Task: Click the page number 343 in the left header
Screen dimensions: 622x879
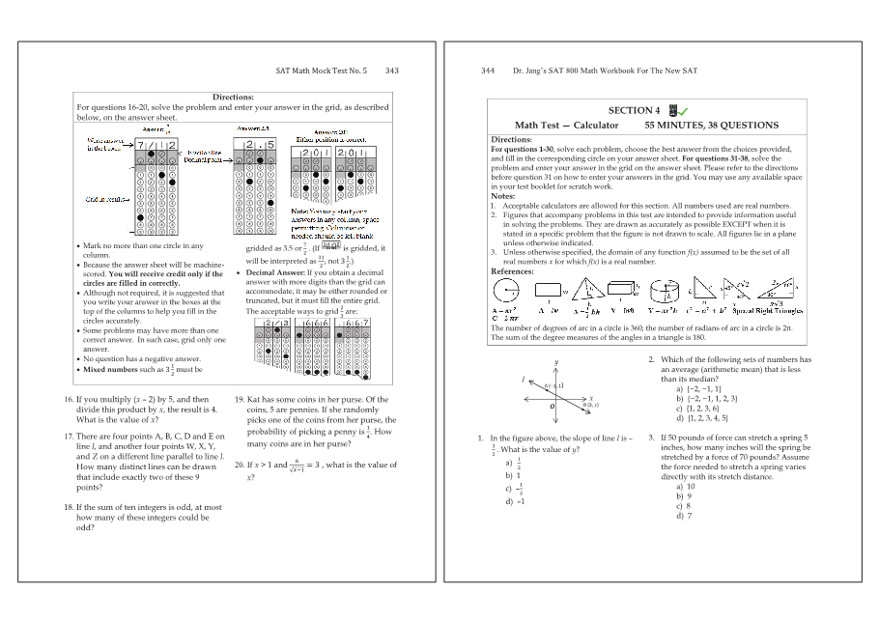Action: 391,71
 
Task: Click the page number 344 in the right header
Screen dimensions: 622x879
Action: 488,71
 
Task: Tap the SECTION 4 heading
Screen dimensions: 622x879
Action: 634,111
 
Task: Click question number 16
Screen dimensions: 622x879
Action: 69,399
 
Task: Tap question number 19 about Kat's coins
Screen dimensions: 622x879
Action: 240,399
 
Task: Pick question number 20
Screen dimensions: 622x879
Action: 240,465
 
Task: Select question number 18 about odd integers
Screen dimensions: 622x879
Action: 69,506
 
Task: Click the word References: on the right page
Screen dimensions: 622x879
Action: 512,271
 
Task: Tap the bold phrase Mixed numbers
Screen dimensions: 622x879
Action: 108,369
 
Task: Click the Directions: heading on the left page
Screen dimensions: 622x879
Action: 233,97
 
